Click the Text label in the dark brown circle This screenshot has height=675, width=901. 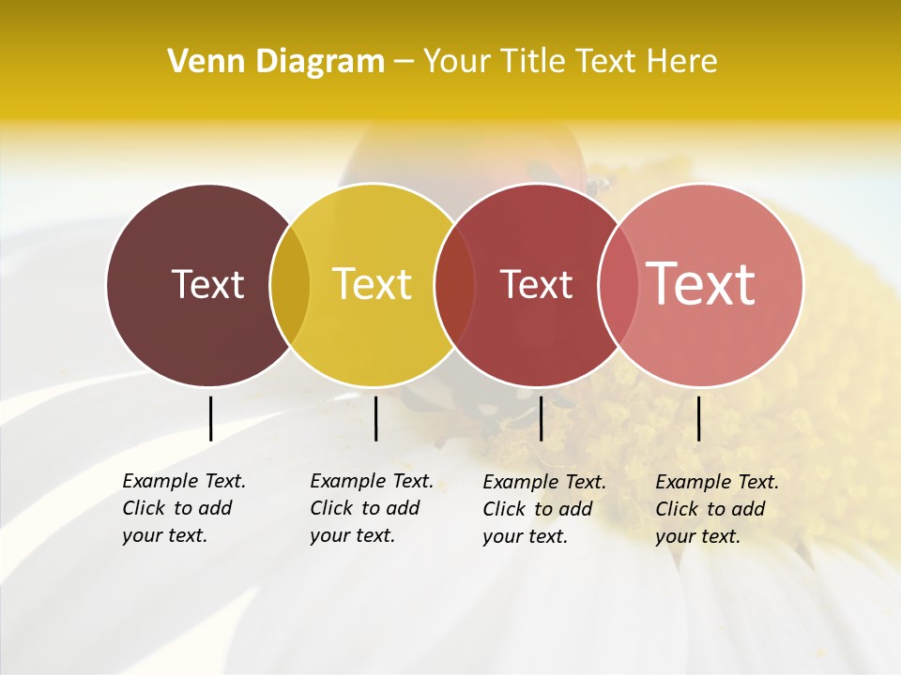pos(207,284)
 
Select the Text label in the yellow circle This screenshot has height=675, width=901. pos(372,284)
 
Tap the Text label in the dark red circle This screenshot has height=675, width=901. pos(536,284)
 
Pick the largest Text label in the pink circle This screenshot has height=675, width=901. pos(701,284)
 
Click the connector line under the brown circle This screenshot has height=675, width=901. pos(210,418)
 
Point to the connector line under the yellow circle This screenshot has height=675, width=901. pos(375,418)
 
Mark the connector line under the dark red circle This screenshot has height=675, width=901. pos(541,418)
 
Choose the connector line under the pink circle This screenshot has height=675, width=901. pos(698,418)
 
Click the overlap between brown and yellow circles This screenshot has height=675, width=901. pos(290,284)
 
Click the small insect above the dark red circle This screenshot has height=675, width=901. pos(597,185)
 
